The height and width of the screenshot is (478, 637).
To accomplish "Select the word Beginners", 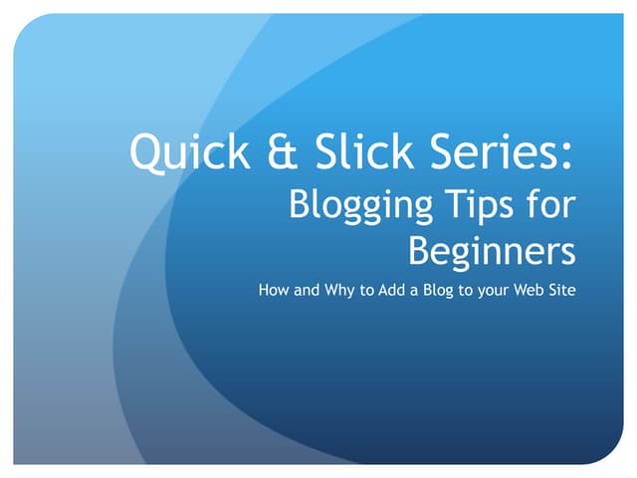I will (492, 251).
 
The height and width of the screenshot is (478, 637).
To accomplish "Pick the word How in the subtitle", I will (274, 292).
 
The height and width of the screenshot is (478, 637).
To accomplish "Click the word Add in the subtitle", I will (405, 292).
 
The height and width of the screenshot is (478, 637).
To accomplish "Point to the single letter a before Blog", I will (429, 293).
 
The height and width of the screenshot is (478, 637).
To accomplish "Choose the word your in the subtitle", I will (513, 293).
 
